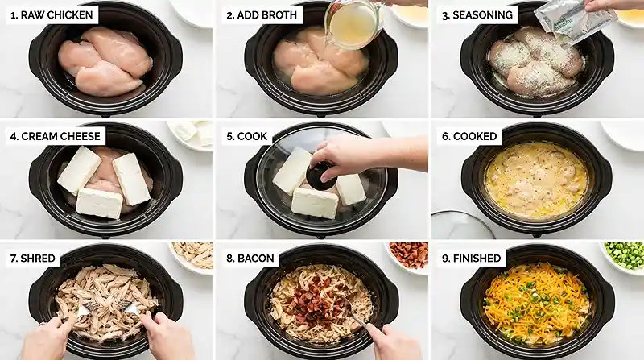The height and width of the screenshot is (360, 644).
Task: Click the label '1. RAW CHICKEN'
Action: click(52, 15)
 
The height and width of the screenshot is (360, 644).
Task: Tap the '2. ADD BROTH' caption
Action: click(263, 15)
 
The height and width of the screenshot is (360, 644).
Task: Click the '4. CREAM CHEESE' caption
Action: click(58, 136)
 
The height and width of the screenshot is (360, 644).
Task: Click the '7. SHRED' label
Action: click(34, 259)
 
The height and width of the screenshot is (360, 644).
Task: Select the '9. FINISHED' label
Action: click(473, 259)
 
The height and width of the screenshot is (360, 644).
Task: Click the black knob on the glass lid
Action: click(322, 176)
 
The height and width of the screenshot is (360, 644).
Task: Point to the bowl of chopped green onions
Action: click(624, 255)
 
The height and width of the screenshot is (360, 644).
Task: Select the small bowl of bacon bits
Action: click(408, 255)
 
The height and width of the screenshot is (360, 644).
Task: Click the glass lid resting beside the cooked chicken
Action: click(462, 226)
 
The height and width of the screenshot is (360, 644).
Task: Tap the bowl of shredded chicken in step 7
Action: click(193, 255)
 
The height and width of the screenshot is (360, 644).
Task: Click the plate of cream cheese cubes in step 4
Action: click(190, 133)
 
